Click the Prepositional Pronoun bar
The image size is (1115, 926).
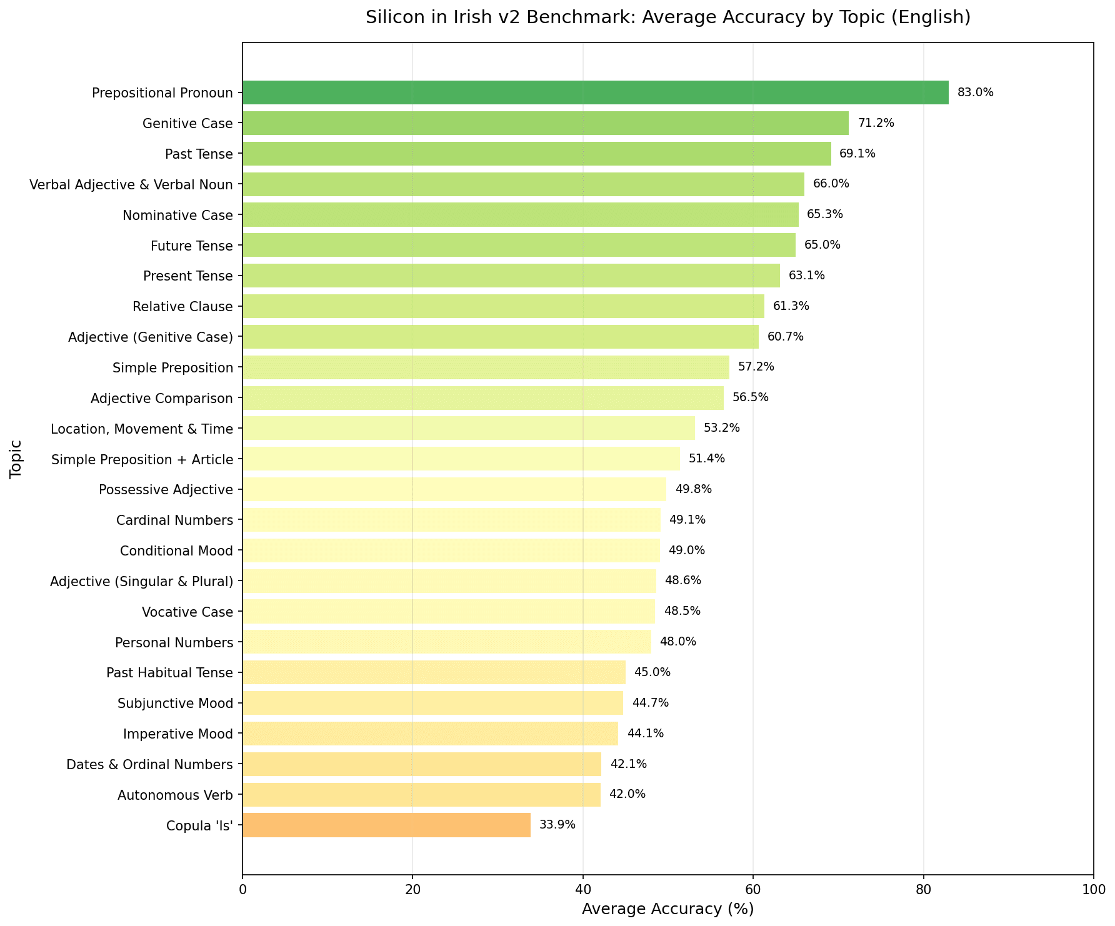[x=595, y=92]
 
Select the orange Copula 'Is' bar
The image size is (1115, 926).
[x=386, y=825]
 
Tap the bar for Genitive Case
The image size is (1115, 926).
[x=545, y=123]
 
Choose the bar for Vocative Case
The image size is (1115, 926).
[x=448, y=611]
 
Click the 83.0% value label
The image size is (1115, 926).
[x=975, y=92]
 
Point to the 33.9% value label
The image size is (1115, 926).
[x=557, y=825]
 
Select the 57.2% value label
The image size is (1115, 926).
[x=756, y=367]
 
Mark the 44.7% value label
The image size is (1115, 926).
[x=650, y=703]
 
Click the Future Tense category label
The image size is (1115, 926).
[x=191, y=246]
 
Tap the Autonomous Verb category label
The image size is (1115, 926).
[x=175, y=795]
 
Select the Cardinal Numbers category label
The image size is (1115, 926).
[x=174, y=520]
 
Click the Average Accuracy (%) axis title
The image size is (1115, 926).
[x=667, y=909]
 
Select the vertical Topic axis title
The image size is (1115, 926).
[x=16, y=459]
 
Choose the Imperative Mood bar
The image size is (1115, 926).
[x=430, y=734]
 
